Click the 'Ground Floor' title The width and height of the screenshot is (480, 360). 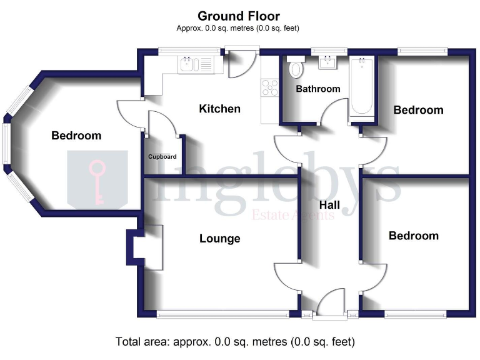pyautogui.click(x=239, y=16)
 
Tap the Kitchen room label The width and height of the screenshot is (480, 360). pyautogui.click(x=219, y=109)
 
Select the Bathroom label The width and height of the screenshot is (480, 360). pyautogui.click(x=317, y=89)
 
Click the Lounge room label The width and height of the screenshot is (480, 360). pyautogui.click(x=220, y=238)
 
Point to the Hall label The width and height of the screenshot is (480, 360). pyautogui.click(x=329, y=205)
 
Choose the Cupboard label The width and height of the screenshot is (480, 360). pyautogui.click(x=162, y=157)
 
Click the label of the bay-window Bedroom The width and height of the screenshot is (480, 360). pyautogui.click(x=76, y=136)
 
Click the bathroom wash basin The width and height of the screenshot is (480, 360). pyautogui.click(x=327, y=62)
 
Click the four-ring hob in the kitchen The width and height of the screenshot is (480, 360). pyautogui.click(x=269, y=87)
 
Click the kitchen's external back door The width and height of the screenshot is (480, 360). pyautogui.click(x=241, y=63)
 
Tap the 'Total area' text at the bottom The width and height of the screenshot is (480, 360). pyautogui.click(x=235, y=342)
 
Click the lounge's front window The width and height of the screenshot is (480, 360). pyautogui.click(x=222, y=314)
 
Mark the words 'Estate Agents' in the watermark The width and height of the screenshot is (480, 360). pyautogui.click(x=293, y=216)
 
